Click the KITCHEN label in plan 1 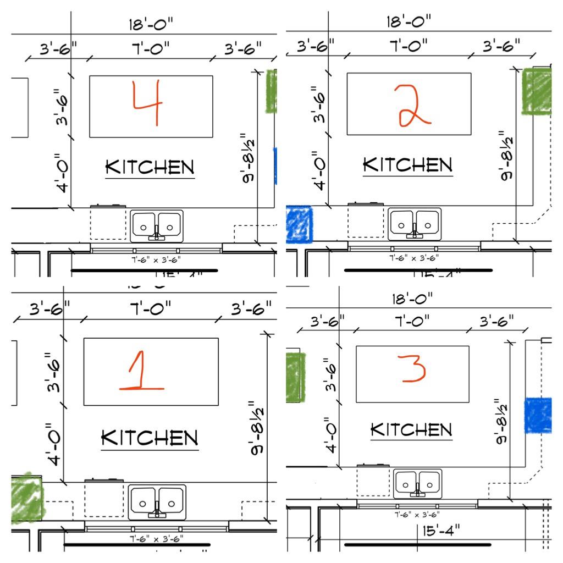150,438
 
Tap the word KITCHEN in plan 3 411,430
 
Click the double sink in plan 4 157,226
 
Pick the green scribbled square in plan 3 295,377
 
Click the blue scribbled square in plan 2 299,224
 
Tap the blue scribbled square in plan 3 538,415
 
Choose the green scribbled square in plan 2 536,91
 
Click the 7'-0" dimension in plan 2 409,46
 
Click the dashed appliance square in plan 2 366,222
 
